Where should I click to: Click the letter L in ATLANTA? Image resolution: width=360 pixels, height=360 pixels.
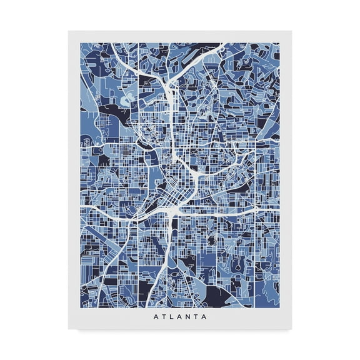pyautogui.click(x=170, y=316)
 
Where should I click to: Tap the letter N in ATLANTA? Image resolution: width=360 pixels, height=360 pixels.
pyautogui.click(x=189, y=316)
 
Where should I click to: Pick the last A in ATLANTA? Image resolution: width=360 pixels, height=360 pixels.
pyautogui.click(x=207, y=316)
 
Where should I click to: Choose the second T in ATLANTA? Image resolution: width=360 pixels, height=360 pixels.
pyautogui.click(x=198, y=316)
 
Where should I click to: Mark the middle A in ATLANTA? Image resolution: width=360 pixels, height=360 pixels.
pyautogui.click(x=179, y=316)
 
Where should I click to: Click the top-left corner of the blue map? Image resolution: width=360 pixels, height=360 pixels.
pyautogui.click(x=81, y=43)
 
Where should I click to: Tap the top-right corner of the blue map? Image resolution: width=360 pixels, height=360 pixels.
pyautogui.click(x=279, y=43)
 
